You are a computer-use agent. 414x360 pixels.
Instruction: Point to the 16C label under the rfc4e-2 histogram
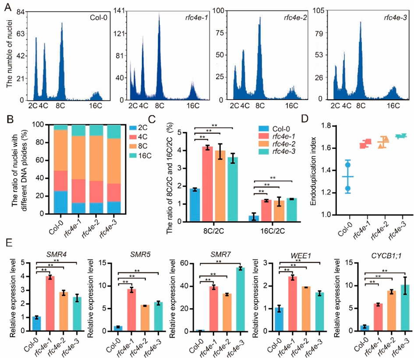click(x=291, y=106)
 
